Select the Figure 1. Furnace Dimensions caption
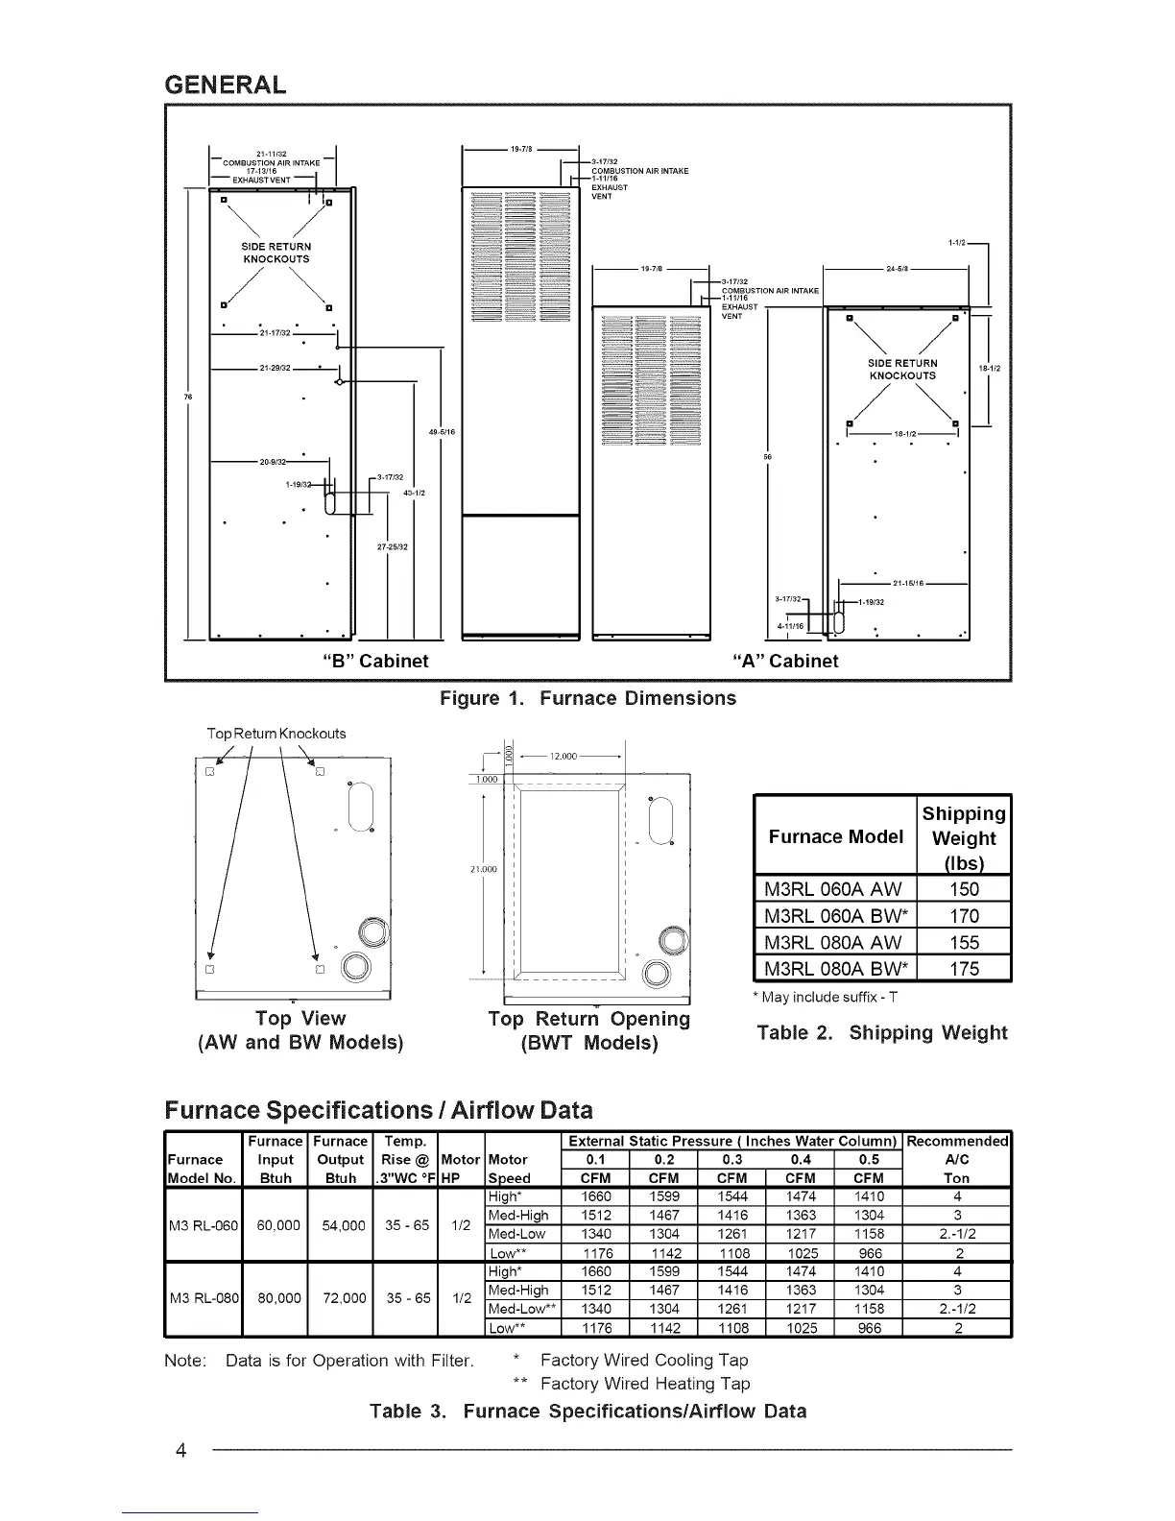(x=587, y=698)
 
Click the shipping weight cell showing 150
(x=964, y=889)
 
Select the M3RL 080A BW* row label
(x=837, y=968)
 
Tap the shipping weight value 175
(x=964, y=968)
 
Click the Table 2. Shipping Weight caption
(x=881, y=1033)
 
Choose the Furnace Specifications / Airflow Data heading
(x=378, y=1110)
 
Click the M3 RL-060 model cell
(x=203, y=1225)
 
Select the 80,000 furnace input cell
(x=275, y=1298)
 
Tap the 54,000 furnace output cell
(x=341, y=1225)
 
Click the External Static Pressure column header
(x=732, y=1142)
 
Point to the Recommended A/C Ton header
(x=956, y=1159)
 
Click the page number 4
(x=180, y=1449)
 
